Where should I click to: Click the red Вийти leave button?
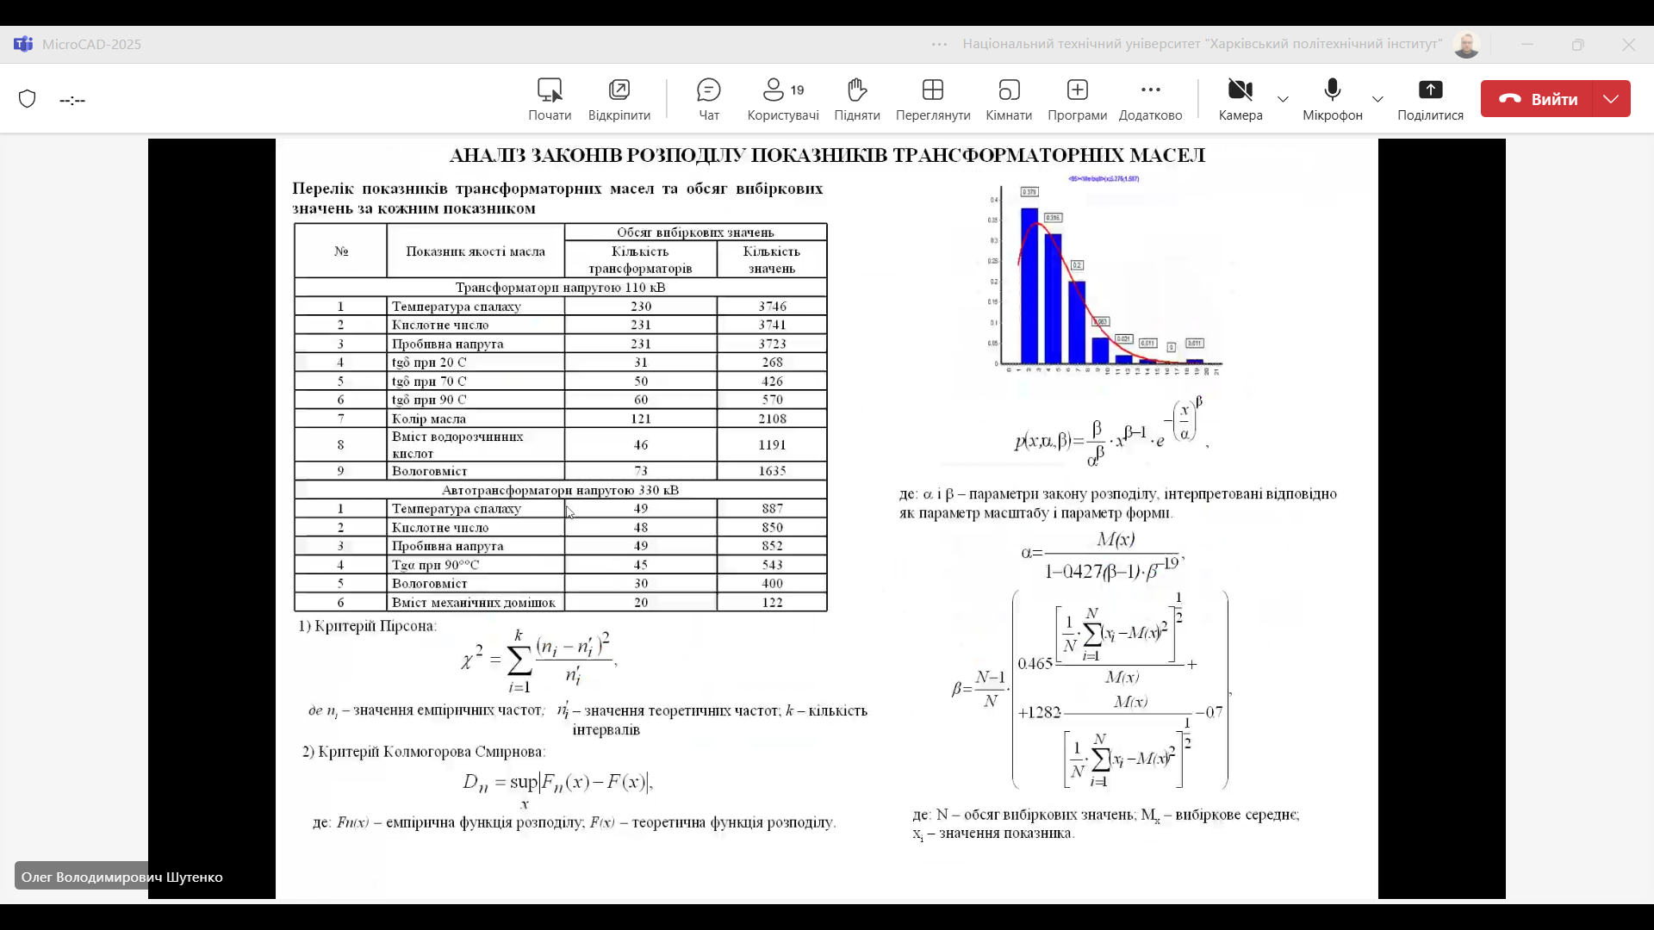[x=1539, y=99]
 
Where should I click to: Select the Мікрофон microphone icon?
[x=1333, y=90]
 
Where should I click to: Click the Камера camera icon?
[x=1240, y=90]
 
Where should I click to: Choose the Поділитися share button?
[x=1430, y=90]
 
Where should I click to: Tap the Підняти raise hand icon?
[x=856, y=90]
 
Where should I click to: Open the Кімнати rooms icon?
[x=1009, y=90]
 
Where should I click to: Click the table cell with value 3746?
[x=772, y=307]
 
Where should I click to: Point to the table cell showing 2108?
[x=772, y=418]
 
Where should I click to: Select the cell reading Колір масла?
[x=429, y=418]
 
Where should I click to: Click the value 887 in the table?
[x=772, y=509]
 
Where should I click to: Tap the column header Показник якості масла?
[x=476, y=251]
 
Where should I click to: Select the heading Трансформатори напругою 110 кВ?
[x=560, y=288]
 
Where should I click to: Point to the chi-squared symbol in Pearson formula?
[x=470, y=660]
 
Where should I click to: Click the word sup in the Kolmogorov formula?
[x=524, y=782]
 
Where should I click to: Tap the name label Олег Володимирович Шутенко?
[x=121, y=877]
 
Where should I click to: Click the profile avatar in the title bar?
[x=1466, y=45]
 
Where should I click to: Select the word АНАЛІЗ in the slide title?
[x=488, y=156]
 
